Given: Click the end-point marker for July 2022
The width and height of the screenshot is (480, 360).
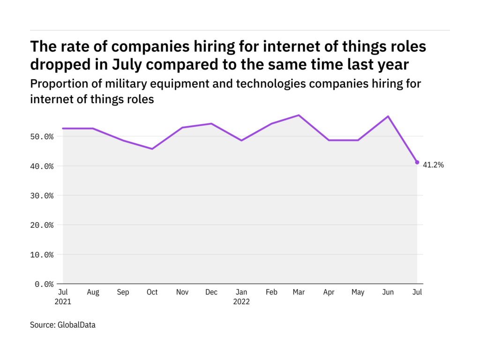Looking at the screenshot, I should pos(417,162).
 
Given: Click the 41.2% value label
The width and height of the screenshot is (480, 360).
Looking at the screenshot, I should pos(433,165).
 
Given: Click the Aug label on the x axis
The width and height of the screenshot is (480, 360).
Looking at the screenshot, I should pos(93,292).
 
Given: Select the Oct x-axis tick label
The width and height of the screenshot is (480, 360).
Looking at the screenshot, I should pos(152,292).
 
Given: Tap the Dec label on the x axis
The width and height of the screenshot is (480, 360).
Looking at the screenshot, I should pos(211,292).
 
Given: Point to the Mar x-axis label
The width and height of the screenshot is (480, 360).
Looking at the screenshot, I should pos(299,292).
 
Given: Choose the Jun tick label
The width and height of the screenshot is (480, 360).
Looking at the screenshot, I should pos(388,292).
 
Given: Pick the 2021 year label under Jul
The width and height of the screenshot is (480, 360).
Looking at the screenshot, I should pos(63,302).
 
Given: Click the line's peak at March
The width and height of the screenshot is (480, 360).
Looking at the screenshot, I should pos(299,115).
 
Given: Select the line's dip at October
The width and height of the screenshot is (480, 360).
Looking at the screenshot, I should pos(152,149).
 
